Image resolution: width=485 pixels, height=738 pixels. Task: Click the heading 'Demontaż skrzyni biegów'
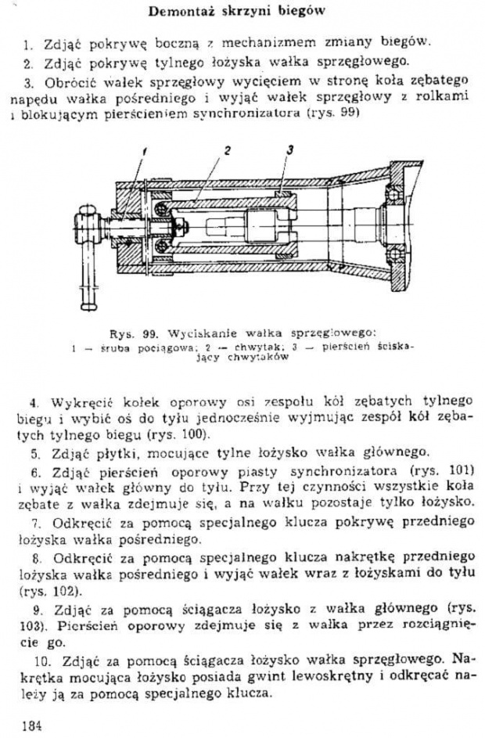coord(236,11)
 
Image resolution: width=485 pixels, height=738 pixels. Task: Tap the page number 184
coord(32,725)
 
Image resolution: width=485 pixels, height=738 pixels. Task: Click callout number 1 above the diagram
coord(144,152)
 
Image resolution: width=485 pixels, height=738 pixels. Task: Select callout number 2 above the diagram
coord(228,150)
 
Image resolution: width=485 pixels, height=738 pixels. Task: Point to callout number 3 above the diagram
coord(290,150)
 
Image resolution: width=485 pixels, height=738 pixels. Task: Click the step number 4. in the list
coord(34,403)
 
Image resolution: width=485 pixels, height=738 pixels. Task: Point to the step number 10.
coord(42,661)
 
